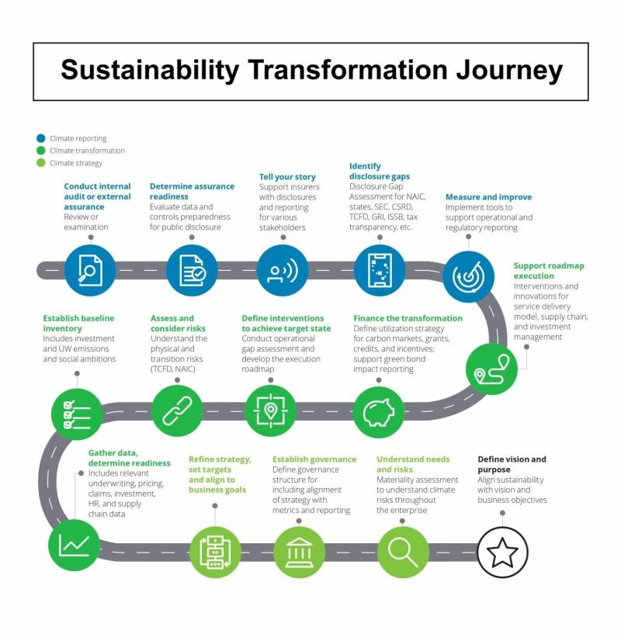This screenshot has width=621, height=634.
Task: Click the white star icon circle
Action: (x=502, y=552)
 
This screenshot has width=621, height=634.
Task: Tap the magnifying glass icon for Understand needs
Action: (x=403, y=552)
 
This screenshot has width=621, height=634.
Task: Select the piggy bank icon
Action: (x=379, y=412)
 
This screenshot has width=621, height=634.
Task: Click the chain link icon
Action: (x=177, y=411)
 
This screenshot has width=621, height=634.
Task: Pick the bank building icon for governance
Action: (x=299, y=552)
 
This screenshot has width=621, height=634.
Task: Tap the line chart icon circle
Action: (x=74, y=545)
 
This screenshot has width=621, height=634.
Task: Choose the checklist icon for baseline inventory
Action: (x=77, y=414)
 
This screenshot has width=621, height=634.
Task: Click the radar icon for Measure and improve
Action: (x=469, y=276)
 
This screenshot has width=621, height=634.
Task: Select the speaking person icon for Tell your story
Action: (x=283, y=270)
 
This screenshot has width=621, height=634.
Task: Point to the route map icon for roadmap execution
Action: (x=491, y=369)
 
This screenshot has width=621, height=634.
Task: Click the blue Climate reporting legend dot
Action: (x=41, y=138)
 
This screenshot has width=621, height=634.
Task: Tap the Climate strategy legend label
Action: (x=76, y=163)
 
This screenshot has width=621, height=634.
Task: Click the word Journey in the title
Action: (x=510, y=71)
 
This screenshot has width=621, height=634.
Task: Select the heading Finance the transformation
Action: (x=408, y=318)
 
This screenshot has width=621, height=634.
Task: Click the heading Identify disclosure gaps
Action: (x=380, y=171)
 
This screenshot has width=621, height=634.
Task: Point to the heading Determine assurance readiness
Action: (x=192, y=191)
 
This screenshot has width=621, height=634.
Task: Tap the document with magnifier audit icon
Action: (x=90, y=270)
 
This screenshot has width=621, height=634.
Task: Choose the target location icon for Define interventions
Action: (x=271, y=411)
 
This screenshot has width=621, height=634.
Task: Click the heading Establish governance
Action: (x=314, y=459)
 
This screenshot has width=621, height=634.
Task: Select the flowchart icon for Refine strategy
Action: (x=215, y=552)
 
